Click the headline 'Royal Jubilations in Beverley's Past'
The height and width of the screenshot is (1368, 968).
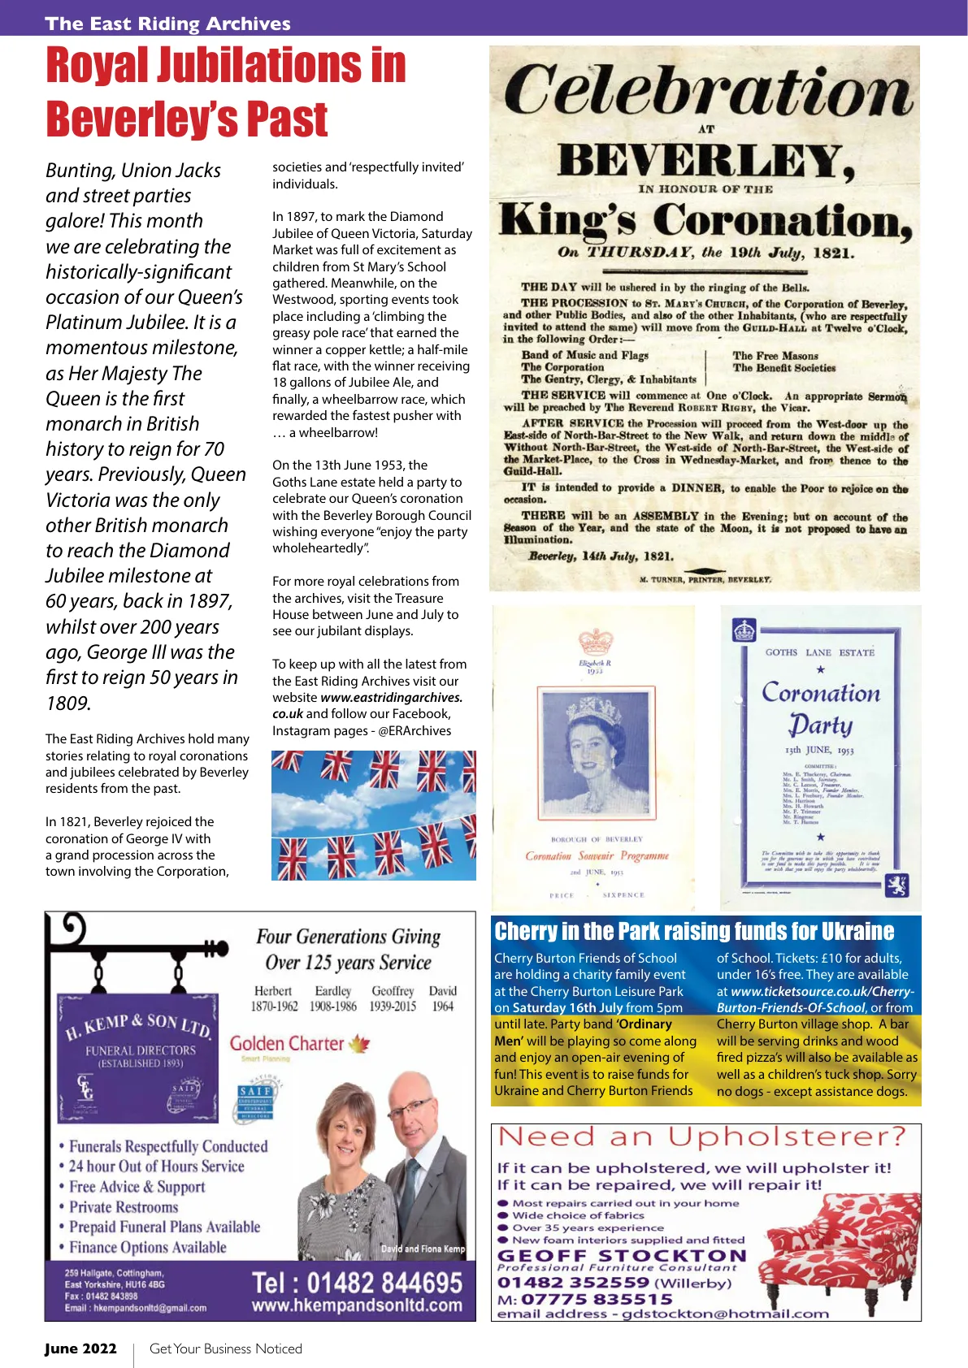pyautogui.click(x=226, y=91)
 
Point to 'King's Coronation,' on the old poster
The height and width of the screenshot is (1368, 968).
pyautogui.click(x=705, y=221)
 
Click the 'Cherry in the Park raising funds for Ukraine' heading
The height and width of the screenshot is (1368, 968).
pyautogui.click(x=694, y=931)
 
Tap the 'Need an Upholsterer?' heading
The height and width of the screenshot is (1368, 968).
pyautogui.click(x=701, y=1137)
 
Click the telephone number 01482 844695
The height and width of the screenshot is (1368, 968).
pyautogui.click(x=357, y=1283)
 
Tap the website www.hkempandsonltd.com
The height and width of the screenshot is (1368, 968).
pyautogui.click(x=357, y=1305)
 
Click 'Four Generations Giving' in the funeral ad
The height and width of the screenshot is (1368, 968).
pyautogui.click(x=348, y=937)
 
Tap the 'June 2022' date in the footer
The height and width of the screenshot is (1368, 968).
pyautogui.click(x=80, y=1349)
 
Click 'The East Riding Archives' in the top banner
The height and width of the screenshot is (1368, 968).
pyautogui.click(x=167, y=24)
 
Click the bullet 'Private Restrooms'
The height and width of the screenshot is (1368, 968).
pyautogui.click(x=123, y=1207)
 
